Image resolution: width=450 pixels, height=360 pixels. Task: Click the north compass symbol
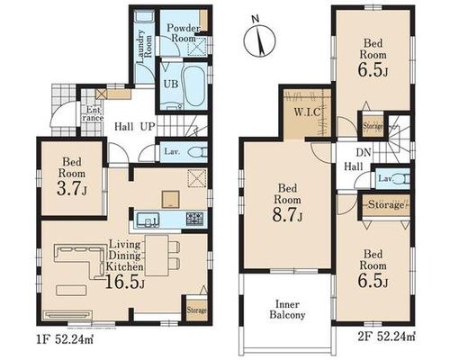(x=259, y=40)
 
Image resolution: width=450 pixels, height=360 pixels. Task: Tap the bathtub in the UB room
(x=194, y=85)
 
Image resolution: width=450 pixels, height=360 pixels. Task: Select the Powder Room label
(x=184, y=33)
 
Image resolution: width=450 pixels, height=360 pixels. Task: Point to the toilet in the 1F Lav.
(x=198, y=152)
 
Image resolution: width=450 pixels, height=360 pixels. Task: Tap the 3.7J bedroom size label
(x=72, y=189)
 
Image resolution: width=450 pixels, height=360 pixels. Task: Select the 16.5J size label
(x=124, y=283)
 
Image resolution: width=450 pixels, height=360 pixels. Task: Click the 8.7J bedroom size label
(x=287, y=215)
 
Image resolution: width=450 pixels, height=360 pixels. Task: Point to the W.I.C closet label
(x=308, y=112)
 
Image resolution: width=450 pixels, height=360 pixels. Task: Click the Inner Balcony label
(x=287, y=310)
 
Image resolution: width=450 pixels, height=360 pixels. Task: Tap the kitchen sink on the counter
(x=148, y=220)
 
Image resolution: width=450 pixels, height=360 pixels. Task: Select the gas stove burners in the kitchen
(x=194, y=219)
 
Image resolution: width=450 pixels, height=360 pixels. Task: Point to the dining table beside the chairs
(x=157, y=256)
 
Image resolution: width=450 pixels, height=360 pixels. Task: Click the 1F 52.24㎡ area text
(x=67, y=340)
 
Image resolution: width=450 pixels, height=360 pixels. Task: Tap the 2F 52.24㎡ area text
(x=387, y=337)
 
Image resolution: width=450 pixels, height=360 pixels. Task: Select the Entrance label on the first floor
(x=93, y=113)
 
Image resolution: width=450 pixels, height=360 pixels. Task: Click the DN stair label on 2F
(x=364, y=152)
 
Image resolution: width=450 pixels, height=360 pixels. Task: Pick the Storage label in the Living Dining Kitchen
(x=197, y=310)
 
